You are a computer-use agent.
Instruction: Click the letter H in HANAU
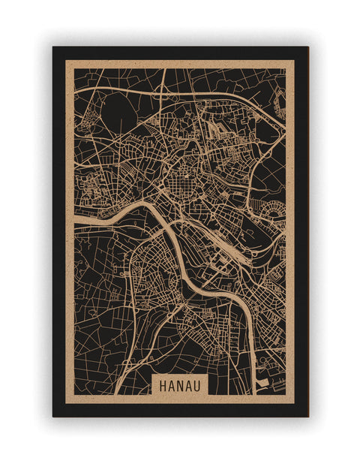[x=161, y=384]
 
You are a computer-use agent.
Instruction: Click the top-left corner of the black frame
[x=53, y=47]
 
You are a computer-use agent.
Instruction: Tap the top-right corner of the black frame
[x=307, y=47]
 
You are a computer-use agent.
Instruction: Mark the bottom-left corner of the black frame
[x=53, y=416]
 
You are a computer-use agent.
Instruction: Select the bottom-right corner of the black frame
[x=307, y=416]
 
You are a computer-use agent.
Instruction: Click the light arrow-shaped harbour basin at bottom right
[x=262, y=383]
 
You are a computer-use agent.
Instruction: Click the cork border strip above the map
[x=180, y=64]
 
